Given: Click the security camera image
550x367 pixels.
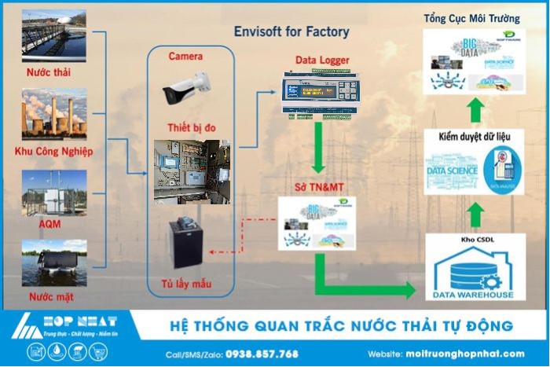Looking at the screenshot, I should point(187,87).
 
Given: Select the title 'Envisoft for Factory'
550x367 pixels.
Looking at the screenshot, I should point(291,33).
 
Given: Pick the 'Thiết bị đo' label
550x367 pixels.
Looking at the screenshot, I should point(189,128).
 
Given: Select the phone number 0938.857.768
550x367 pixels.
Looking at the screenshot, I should point(262,354).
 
